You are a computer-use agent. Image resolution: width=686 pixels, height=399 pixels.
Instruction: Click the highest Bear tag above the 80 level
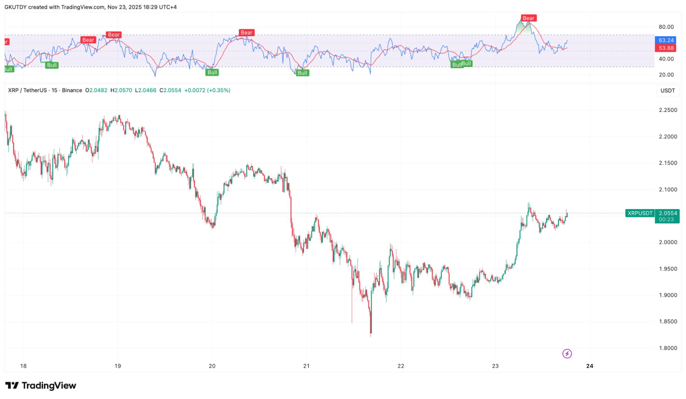point(528,18)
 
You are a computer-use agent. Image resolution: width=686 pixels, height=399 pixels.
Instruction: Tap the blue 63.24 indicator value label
point(665,41)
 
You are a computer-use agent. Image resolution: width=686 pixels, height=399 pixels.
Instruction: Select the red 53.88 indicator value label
point(665,48)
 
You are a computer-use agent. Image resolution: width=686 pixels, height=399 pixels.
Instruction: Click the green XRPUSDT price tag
point(640,213)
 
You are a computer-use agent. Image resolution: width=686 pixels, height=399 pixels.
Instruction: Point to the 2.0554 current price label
point(667,213)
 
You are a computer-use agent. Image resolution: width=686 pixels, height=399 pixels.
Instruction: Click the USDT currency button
point(667,91)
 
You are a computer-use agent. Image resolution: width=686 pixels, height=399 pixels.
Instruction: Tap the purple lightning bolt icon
point(567,354)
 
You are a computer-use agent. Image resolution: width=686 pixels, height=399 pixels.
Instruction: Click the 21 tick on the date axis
point(306,366)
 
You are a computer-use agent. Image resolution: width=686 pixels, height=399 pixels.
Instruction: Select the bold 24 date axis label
point(590,366)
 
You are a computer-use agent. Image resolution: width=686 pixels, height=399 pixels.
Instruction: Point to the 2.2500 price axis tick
point(668,110)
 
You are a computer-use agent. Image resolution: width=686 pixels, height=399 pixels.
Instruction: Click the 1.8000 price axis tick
point(668,348)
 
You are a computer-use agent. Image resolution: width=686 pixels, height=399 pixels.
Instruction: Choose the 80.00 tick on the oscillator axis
point(666,27)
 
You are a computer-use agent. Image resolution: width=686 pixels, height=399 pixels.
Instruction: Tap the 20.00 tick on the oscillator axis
point(666,75)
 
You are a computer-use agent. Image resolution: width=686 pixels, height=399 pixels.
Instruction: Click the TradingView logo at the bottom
point(40,386)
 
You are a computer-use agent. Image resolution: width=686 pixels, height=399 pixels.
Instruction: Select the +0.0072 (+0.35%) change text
point(207,90)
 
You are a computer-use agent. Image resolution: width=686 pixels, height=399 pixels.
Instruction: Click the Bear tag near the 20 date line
point(246,33)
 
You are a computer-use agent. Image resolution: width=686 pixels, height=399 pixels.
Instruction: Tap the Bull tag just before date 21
point(302,73)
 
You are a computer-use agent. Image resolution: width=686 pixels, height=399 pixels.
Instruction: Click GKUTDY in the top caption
point(15,7)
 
